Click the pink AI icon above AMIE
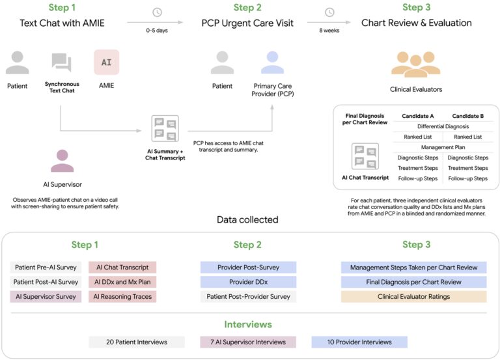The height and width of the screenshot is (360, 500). point(107,62)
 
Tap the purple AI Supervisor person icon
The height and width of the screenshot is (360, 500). point(62,161)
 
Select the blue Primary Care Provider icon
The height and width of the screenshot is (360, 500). point(272,62)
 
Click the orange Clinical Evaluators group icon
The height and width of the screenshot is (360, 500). point(416,64)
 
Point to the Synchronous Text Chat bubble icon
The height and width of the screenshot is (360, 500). point(62,62)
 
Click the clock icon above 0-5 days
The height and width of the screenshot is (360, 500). point(157,12)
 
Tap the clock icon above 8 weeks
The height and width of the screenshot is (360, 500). point(329,12)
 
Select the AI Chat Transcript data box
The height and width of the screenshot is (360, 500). point(122,267)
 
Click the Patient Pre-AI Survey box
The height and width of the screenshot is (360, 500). point(46,267)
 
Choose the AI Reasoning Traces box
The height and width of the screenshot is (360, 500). point(122,297)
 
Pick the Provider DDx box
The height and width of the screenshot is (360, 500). point(249,282)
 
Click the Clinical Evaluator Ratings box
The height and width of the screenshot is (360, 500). point(413,297)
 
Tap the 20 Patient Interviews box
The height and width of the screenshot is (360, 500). point(137,342)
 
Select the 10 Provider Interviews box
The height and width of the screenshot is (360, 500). point(359,342)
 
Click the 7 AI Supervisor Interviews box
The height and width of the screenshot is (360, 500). point(248,342)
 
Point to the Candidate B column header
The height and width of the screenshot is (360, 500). point(468,116)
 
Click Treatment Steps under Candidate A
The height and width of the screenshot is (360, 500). point(418,168)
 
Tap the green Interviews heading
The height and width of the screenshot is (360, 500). point(248,324)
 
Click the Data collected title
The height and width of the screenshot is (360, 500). point(247,219)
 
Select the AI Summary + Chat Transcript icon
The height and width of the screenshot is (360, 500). point(165,128)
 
